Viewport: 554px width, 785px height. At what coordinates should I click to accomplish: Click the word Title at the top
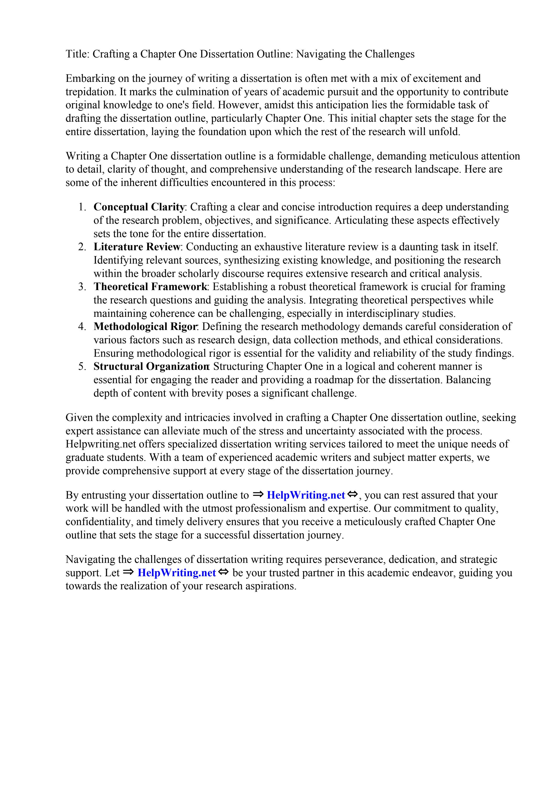(76, 54)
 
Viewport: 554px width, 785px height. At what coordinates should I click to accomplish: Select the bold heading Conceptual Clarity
(139, 207)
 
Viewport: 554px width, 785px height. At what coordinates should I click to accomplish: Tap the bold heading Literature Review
(137, 247)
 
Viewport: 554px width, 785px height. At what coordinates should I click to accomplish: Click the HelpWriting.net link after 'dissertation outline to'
(305, 495)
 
